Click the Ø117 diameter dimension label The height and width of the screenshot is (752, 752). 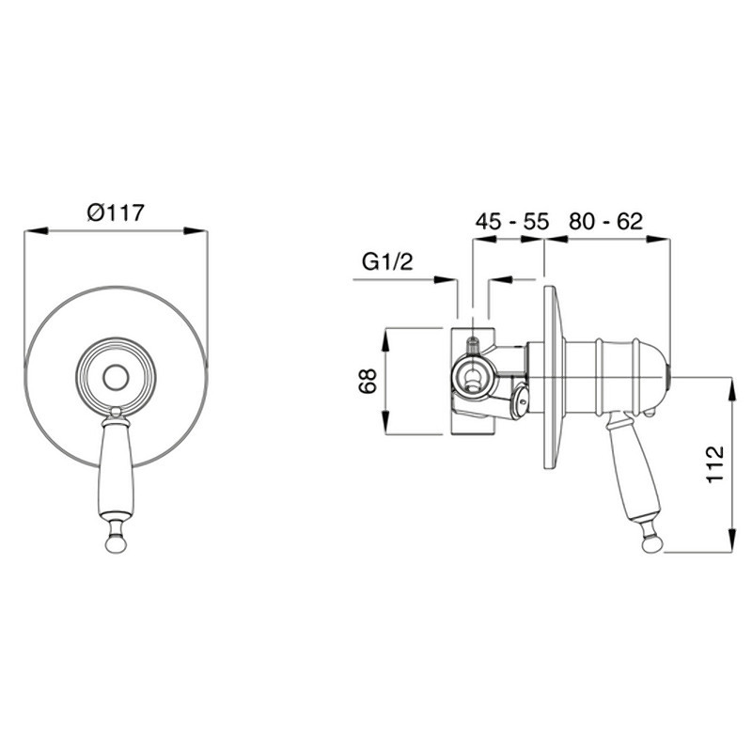click(116, 212)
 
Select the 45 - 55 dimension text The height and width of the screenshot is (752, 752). click(511, 222)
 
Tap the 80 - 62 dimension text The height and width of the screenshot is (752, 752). click(605, 221)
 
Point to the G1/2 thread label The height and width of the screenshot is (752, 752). click(387, 262)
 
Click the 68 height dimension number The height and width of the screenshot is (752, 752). click(368, 382)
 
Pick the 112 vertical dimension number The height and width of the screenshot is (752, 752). click(715, 464)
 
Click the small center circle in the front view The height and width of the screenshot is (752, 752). click(116, 377)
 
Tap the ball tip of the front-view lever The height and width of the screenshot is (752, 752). click(116, 544)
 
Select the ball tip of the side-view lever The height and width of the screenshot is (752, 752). click(652, 544)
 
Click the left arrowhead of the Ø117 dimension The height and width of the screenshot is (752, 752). click(36, 231)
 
